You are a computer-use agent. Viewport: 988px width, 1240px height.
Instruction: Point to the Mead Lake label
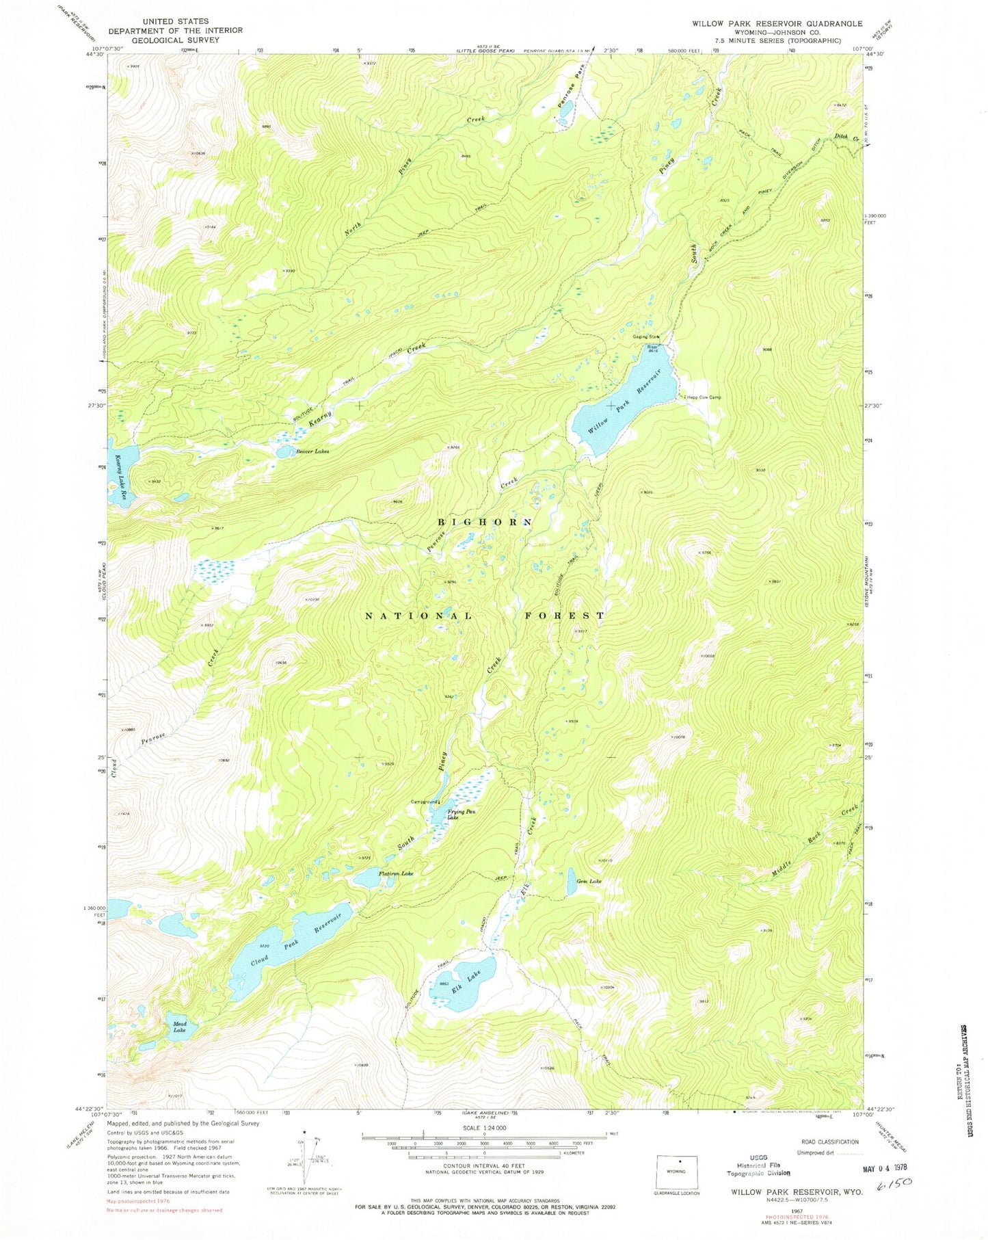tap(179, 1027)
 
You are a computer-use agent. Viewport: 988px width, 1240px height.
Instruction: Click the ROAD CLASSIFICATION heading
tap(829, 1142)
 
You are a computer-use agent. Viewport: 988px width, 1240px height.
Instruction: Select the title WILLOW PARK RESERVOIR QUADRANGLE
tap(777, 23)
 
